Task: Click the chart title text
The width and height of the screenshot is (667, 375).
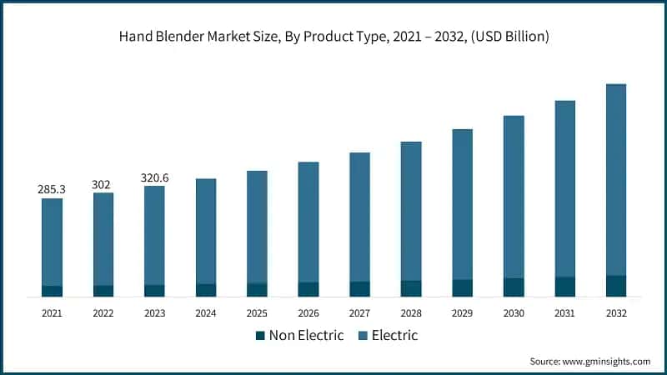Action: tap(333, 37)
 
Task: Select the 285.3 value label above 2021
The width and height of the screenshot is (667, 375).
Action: tap(52, 190)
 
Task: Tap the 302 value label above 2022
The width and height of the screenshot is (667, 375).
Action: tap(103, 184)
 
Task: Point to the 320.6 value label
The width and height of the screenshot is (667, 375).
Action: tap(154, 177)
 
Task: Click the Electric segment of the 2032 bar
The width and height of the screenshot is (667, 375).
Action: tap(615, 179)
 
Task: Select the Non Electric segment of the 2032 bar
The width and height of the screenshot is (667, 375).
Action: tap(615, 286)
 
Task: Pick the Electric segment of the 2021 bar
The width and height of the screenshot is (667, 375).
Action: tap(52, 242)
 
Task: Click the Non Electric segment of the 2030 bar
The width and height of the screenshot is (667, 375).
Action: tap(514, 287)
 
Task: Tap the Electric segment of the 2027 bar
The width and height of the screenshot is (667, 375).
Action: tap(359, 217)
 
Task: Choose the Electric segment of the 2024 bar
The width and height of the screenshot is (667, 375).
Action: tap(206, 231)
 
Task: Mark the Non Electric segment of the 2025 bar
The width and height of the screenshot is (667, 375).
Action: tap(257, 290)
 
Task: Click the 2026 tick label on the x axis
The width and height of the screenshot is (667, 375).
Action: tap(308, 313)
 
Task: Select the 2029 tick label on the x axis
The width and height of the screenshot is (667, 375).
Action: tap(462, 313)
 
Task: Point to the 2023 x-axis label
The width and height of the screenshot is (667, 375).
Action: tap(154, 313)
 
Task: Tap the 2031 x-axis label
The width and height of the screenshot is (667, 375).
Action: tap(564, 313)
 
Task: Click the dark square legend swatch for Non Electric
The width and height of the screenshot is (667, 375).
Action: tap(260, 336)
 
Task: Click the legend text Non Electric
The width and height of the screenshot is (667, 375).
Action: tap(305, 336)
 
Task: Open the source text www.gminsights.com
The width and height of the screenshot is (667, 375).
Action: tap(606, 362)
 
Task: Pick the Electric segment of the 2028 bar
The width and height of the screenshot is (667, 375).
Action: tap(411, 211)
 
